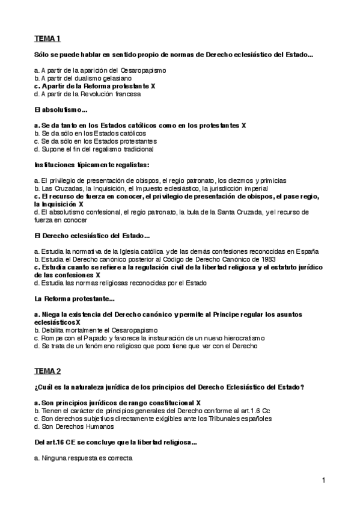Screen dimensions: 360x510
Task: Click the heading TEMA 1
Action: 47,39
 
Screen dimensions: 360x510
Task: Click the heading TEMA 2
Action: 47,370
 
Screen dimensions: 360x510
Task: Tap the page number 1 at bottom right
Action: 323,480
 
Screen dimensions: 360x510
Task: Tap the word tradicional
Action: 133,149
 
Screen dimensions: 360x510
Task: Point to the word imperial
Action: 255,188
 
